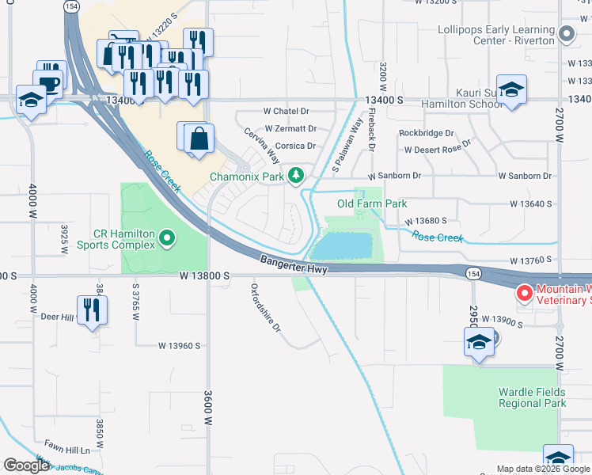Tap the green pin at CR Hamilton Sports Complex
166,237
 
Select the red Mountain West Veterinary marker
524,294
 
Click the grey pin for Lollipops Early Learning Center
566,34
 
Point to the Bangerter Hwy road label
294,264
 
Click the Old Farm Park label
372,204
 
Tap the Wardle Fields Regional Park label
532,397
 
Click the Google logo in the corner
26,465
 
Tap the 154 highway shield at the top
72,6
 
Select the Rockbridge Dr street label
427,133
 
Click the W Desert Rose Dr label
437,149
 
